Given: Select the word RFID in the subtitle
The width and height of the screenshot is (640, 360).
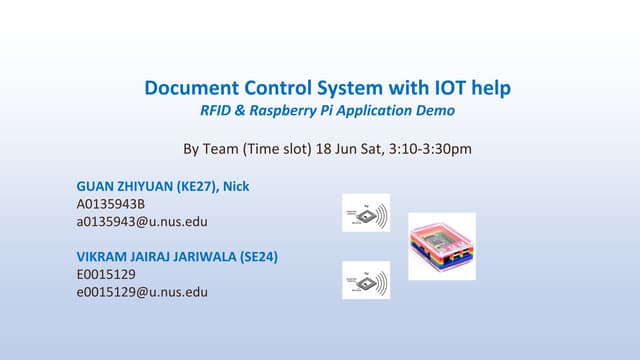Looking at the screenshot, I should pos(218,110).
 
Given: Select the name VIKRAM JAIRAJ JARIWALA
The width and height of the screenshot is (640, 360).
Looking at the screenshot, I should pos(157,257).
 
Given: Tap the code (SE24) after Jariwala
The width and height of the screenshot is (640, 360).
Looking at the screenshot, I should pos(259,257).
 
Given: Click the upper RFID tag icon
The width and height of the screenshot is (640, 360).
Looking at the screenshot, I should pos(366,213).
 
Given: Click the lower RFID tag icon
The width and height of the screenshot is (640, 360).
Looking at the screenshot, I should pos(366,280).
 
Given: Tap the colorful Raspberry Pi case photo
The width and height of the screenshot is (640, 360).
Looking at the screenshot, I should pos(442,246).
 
